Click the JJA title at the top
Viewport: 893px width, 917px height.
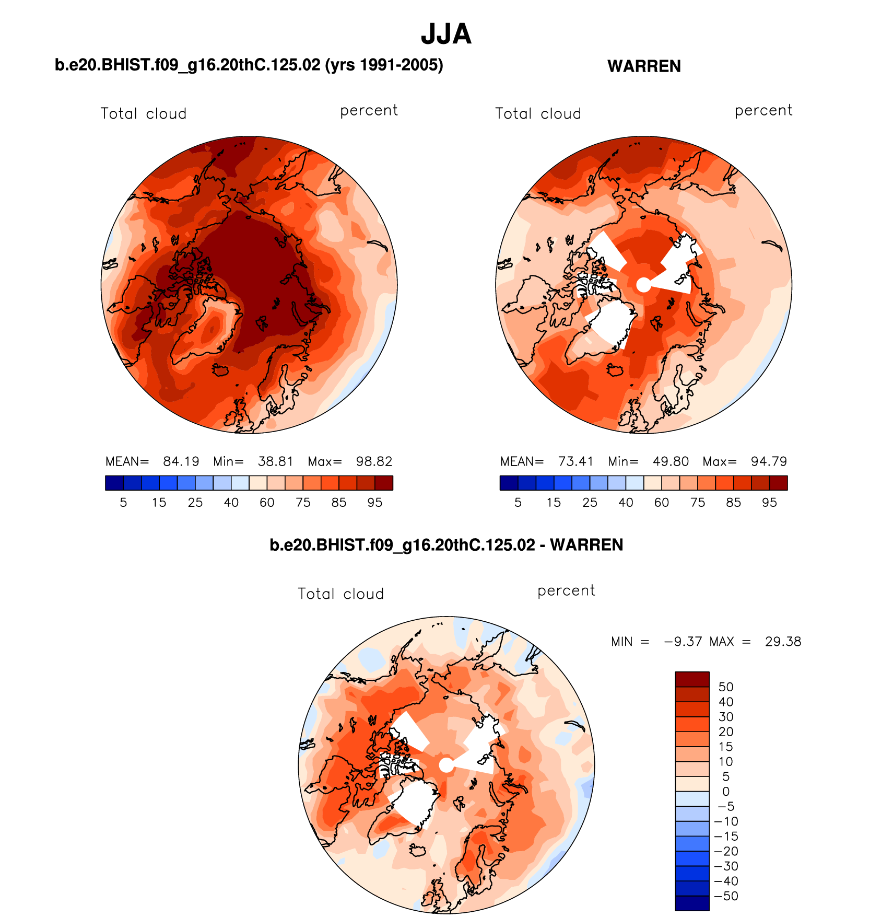click(446, 34)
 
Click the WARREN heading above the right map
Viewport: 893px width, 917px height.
click(644, 66)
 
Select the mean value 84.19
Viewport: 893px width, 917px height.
click(181, 461)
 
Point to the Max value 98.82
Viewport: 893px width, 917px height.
click(374, 461)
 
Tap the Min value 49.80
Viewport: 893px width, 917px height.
click(671, 461)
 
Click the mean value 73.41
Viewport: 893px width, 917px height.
click(575, 461)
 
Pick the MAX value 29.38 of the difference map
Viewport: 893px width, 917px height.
click(783, 642)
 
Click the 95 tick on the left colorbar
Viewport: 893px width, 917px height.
click(374, 503)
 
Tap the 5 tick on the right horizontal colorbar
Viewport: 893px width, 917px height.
click(518, 503)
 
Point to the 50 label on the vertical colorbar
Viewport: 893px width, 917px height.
click(726, 687)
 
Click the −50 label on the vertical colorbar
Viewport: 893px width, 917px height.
click(726, 896)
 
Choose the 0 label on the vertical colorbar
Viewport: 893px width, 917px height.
click(726, 792)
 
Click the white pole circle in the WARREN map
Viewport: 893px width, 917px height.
click(644, 285)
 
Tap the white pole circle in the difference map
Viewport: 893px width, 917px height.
click(446, 765)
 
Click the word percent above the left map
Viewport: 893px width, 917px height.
click(369, 111)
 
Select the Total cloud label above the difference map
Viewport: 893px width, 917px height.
click(340, 594)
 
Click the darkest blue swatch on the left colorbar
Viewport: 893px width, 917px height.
click(114, 483)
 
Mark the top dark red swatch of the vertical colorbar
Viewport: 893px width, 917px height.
click(692, 679)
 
